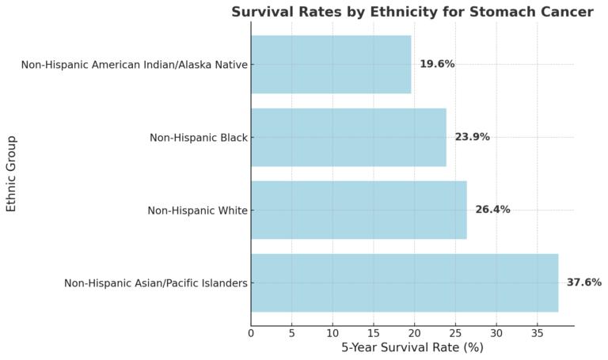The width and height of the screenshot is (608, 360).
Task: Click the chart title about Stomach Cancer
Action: click(x=412, y=12)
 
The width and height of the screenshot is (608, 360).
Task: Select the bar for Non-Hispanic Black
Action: click(x=348, y=137)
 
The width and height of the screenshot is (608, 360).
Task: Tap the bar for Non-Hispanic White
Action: click(x=359, y=210)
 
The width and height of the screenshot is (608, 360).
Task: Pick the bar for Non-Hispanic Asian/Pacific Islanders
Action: click(x=405, y=282)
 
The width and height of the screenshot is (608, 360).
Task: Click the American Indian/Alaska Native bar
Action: click(x=331, y=64)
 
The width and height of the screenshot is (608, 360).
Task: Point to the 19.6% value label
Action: click(x=437, y=64)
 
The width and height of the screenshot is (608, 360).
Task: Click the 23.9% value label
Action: click(x=472, y=137)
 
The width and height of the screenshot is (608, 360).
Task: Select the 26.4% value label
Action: click(x=492, y=210)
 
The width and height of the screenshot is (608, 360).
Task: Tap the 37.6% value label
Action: click(x=583, y=282)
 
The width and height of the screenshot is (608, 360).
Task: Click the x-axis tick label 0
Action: click(x=251, y=333)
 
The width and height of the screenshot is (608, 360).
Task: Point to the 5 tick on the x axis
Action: click(x=292, y=333)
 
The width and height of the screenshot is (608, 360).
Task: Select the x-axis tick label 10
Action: click(x=332, y=333)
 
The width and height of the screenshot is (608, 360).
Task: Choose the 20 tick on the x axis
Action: click(x=415, y=333)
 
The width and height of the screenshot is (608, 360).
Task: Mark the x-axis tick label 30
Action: click(x=496, y=333)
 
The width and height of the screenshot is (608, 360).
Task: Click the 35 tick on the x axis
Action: click(x=538, y=333)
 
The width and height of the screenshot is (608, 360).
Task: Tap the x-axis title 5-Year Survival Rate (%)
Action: click(x=412, y=347)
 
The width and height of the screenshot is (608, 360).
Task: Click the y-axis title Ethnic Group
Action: click(x=11, y=173)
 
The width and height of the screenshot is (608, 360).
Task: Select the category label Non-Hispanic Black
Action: click(x=199, y=138)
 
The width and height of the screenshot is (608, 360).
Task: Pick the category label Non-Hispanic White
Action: click(x=197, y=210)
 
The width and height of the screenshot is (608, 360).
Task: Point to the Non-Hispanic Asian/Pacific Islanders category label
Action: click(x=156, y=283)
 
